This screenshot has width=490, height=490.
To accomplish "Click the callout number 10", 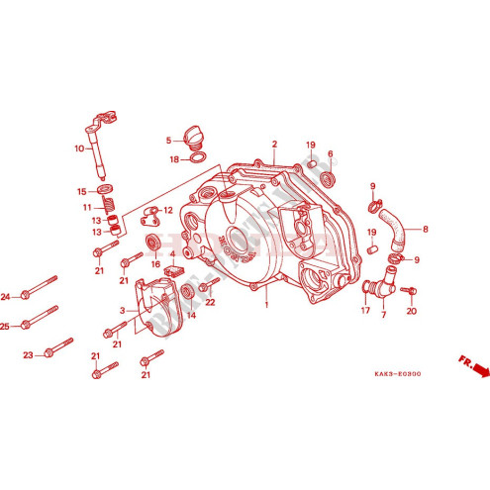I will pos(78,149).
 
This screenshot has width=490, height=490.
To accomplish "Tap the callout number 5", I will pos(169,140).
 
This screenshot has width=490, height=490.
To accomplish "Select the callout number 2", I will pos(275,144).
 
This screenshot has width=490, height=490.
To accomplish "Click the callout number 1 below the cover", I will pos(265,306).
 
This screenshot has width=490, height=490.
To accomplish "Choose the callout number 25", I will pos(6,326).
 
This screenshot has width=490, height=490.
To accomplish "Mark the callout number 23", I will pos(29,354).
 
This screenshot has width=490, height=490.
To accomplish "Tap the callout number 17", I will pos(364,310).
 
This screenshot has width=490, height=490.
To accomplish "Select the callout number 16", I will pos(155,264).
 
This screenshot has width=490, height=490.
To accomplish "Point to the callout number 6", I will pos(330,154).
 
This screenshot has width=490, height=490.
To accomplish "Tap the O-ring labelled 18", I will pos(197,158).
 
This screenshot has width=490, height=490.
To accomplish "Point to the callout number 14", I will pos(191,316).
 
